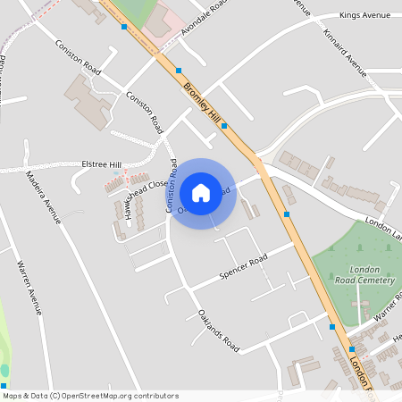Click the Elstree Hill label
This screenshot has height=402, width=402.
(x=100, y=164)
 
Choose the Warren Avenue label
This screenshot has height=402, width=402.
(x=29, y=288)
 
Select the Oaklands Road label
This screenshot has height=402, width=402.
(x=219, y=329)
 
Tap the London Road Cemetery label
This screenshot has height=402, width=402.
(x=371, y=275)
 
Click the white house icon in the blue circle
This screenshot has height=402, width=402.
(x=201, y=192)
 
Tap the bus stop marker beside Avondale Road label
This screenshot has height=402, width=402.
(x=179, y=70)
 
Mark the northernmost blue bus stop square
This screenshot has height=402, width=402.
(x=123, y=27)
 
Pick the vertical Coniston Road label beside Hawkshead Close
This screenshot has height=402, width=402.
(x=171, y=186)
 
